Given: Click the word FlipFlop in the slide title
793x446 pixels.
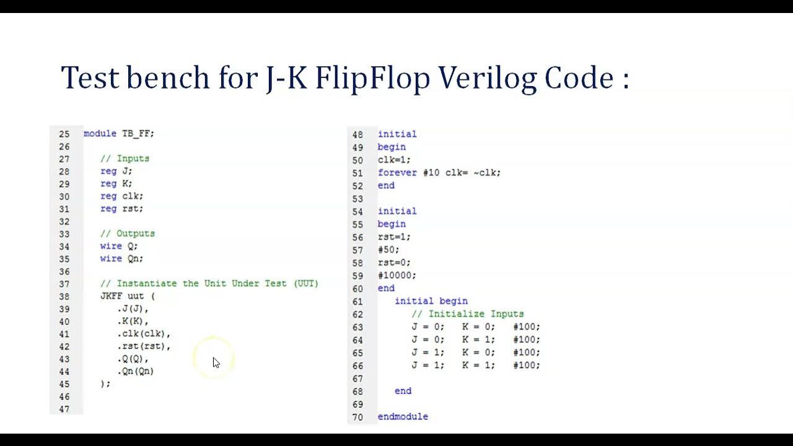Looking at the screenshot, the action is pyautogui.click(x=373, y=79).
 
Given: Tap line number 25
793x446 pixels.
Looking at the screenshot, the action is pyautogui.click(x=64, y=134).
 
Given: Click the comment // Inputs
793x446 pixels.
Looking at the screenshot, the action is pyautogui.click(x=125, y=159).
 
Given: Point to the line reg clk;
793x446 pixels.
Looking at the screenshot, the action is pyautogui.click(x=121, y=196).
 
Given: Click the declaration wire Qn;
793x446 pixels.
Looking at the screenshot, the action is pyautogui.click(x=121, y=259).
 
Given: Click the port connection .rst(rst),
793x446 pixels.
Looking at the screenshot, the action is pyautogui.click(x=144, y=346).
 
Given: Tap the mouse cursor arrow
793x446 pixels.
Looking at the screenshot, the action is pyautogui.click(x=216, y=362).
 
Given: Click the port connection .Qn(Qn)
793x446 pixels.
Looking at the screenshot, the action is pyautogui.click(x=136, y=371).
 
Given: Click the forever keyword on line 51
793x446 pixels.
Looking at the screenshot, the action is pyautogui.click(x=398, y=173).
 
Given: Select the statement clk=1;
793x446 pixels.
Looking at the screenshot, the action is pyautogui.click(x=394, y=160).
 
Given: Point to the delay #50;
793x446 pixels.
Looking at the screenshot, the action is pyautogui.click(x=388, y=250).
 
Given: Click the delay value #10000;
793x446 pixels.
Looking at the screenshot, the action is pyautogui.click(x=397, y=276).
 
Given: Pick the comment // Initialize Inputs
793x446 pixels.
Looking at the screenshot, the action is pyautogui.click(x=467, y=314).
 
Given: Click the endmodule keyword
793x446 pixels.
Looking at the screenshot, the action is pyautogui.click(x=403, y=417).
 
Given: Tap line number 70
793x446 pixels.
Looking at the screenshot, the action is pyautogui.click(x=357, y=417).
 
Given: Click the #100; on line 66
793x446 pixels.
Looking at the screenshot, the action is pyautogui.click(x=526, y=365).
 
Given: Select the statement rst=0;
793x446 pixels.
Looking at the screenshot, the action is pyautogui.click(x=394, y=263).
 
